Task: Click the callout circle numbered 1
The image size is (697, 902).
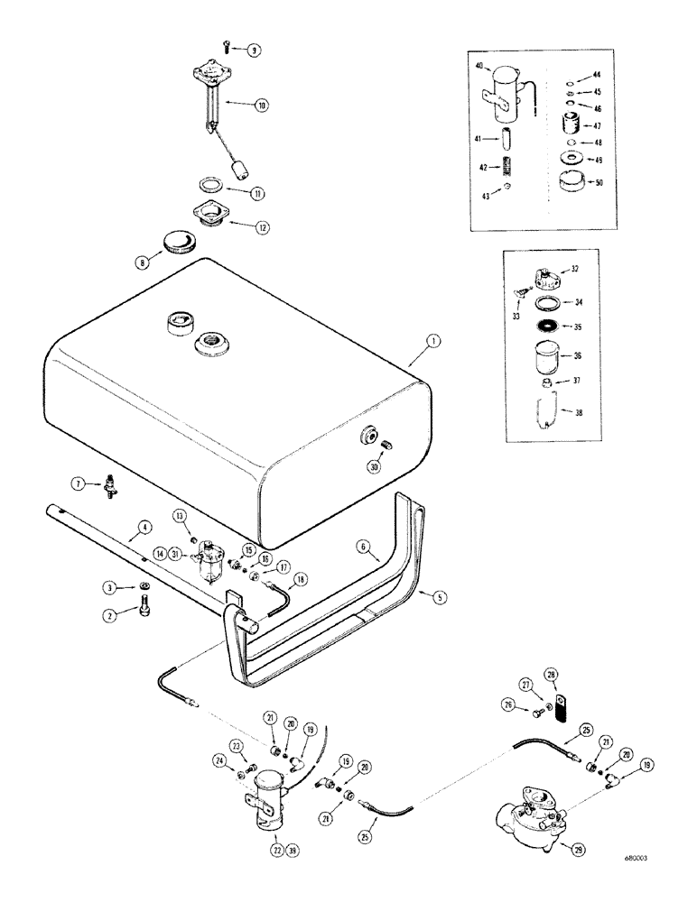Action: pos(434,341)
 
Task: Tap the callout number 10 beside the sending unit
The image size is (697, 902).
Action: pos(262,106)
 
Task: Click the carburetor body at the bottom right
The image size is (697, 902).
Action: pos(528,816)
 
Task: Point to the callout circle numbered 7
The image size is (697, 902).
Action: pos(79,484)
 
